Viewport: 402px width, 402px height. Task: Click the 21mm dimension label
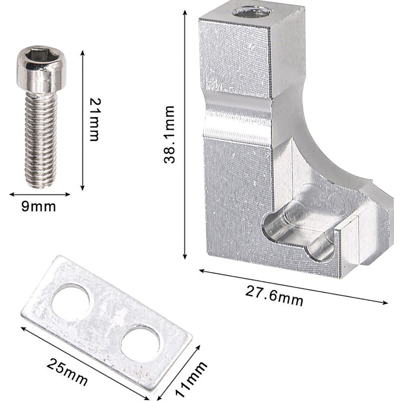94,120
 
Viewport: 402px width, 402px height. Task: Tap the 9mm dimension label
39,207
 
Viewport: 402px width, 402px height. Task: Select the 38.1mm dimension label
169,134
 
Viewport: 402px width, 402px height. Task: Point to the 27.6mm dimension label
274,296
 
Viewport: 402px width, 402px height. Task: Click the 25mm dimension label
67,372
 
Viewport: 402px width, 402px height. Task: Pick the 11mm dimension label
191,379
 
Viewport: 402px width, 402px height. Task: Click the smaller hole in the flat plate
140,343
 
